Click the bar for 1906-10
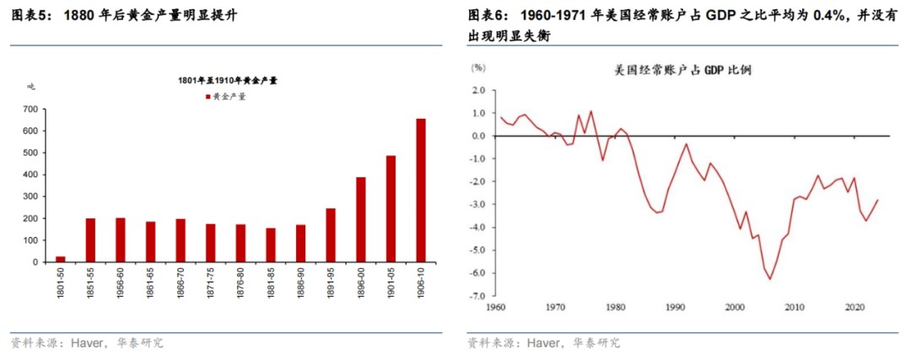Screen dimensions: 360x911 click(421, 191)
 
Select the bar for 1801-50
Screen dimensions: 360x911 click(60, 259)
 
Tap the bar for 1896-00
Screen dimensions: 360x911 click(361, 219)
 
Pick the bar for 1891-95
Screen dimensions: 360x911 click(331, 235)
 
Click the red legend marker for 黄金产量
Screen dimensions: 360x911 click(208, 97)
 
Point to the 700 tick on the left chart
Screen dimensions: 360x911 click(30, 110)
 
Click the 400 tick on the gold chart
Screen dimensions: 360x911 click(30, 175)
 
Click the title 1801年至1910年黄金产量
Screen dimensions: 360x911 click(228, 80)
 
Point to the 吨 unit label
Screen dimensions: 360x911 click(30, 86)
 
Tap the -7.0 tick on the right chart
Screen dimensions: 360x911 click(478, 296)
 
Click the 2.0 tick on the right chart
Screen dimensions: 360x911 click(480, 90)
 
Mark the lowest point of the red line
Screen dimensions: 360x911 click(769, 280)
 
